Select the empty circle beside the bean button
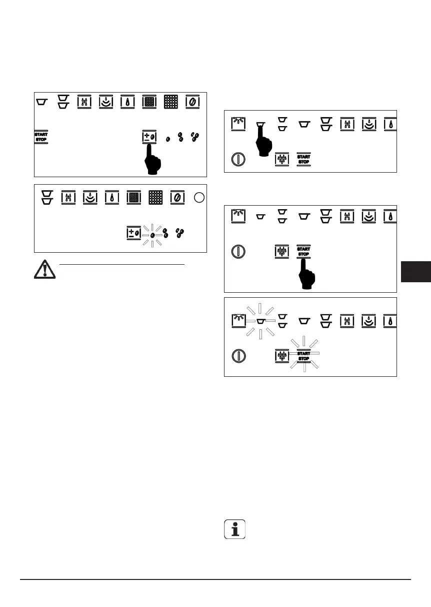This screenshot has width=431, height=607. [x=198, y=198]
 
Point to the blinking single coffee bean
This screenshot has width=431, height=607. [x=152, y=234]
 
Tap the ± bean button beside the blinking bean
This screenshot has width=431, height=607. [x=133, y=234]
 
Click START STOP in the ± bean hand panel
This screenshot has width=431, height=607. [x=40, y=137]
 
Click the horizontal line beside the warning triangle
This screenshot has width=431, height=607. [x=122, y=264]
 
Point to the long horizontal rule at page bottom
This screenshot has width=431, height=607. [x=215, y=580]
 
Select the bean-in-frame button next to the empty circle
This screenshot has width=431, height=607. [x=177, y=197]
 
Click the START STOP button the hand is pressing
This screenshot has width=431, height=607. [x=303, y=251]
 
